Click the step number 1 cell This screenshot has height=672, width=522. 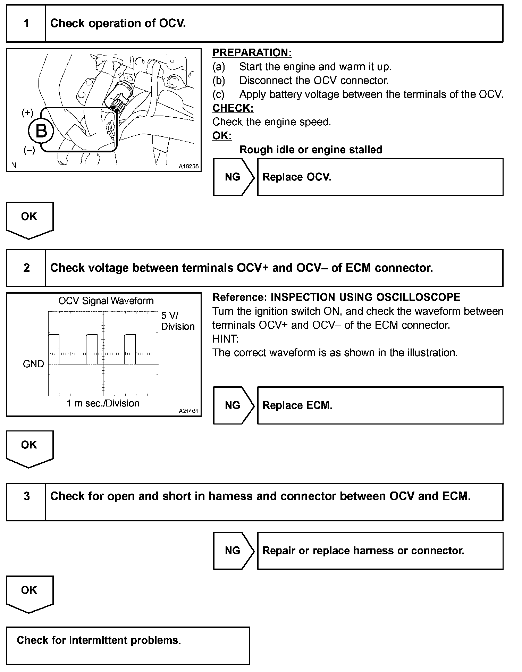26,24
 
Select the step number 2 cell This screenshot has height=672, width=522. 26,268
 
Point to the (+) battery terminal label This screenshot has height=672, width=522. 27,113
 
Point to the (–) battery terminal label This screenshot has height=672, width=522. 29,150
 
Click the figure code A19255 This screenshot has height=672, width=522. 188,167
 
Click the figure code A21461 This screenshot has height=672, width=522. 188,411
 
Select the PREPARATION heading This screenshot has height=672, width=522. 252,53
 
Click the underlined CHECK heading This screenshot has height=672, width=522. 233,108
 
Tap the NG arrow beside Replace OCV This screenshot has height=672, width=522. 233,177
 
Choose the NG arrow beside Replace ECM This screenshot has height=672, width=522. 233,405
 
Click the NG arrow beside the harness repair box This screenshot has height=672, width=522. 233,551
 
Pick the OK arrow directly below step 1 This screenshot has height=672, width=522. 30,219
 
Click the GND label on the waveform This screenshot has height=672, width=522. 33,364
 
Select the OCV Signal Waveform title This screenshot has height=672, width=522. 106,301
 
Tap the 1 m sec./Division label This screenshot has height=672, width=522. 103,403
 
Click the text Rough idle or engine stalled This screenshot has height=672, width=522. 311,150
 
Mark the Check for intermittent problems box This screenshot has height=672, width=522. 128,645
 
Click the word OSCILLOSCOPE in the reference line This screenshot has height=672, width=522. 417,297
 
